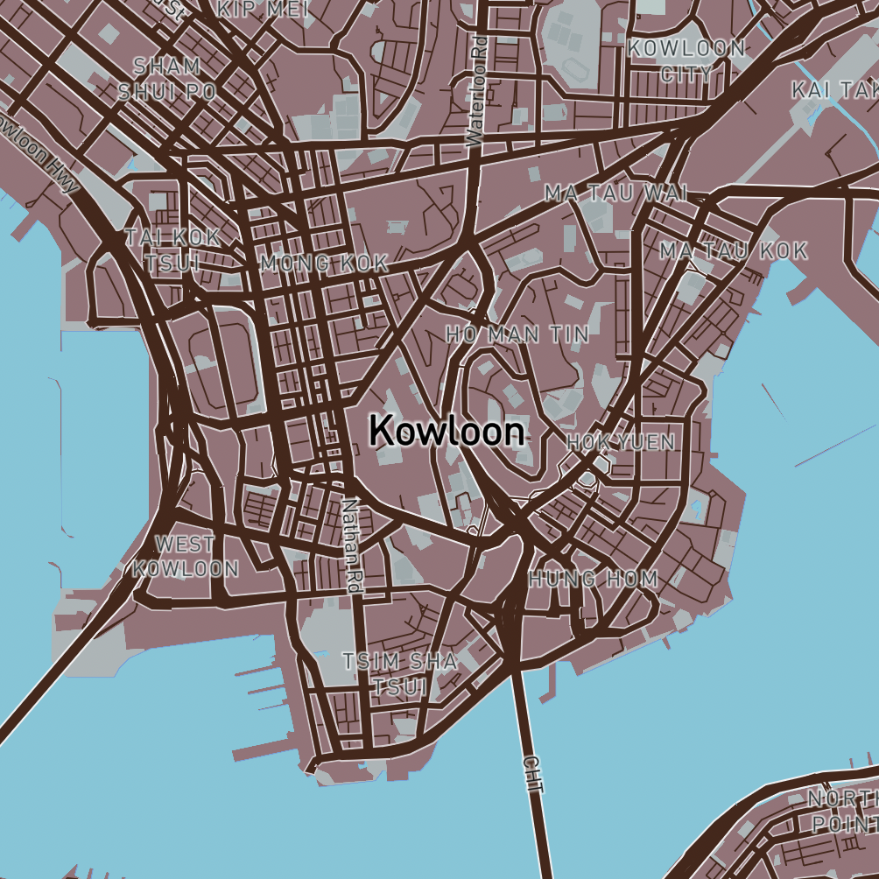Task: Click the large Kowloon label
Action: point(447,432)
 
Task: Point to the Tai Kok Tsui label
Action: point(172,250)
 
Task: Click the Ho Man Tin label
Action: point(517,334)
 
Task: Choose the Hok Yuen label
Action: point(621,443)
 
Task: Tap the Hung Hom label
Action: point(593,579)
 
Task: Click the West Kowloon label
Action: point(186,556)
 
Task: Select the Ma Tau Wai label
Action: point(615,192)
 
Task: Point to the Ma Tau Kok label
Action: point(734,251)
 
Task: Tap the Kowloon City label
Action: point(687,60)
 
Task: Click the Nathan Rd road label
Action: point(352,546)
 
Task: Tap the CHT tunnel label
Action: point(532,775)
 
